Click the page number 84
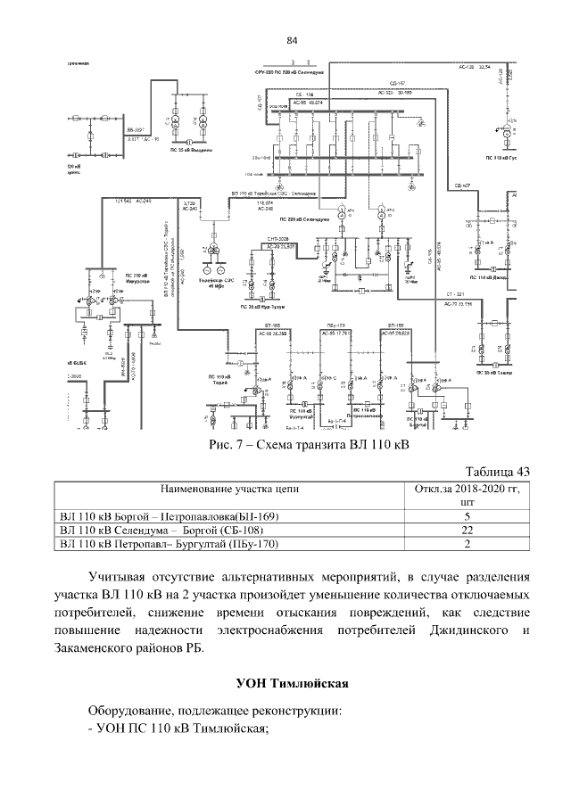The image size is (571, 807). [291, 41]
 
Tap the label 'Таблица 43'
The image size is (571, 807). [499, 471]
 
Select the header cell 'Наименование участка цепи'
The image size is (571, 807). [229, 490]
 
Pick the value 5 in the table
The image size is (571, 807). [468, 515]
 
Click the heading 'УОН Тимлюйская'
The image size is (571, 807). [291, 684]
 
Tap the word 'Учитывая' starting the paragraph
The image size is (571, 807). [118, 574]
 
